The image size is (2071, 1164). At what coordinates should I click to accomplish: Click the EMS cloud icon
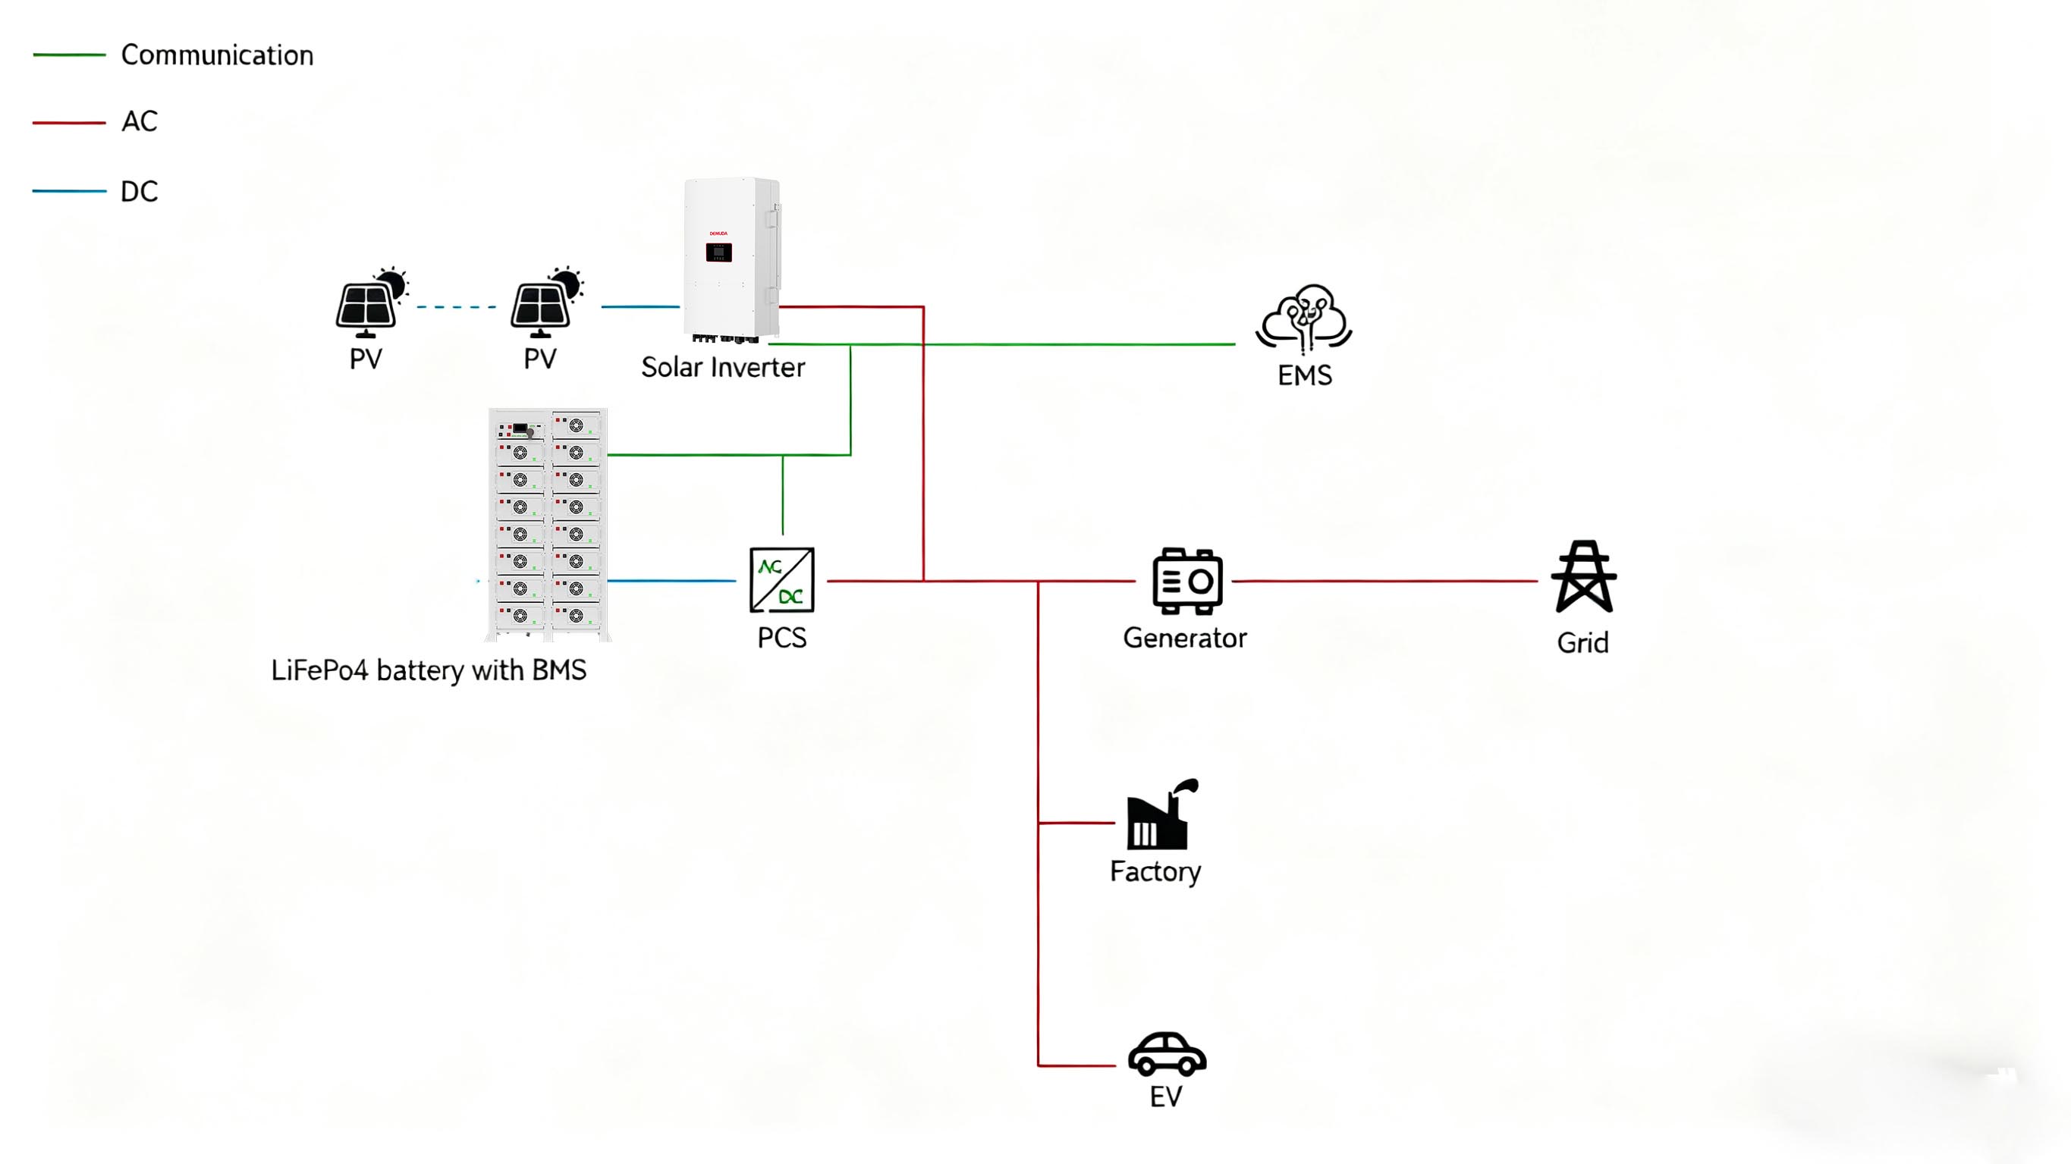coord(1304,318)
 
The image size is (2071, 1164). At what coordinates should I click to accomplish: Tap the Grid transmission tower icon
coord(1583,576)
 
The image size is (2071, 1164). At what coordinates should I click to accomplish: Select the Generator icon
coord(1186,581)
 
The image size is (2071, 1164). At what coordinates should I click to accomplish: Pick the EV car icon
coord(1167,1054)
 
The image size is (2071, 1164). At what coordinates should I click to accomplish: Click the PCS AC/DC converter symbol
coord(781,579)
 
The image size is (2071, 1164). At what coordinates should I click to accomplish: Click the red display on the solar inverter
coord(718,253)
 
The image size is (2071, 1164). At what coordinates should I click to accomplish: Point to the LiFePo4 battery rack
coord(548,523)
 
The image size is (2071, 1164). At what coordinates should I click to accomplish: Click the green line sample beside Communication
coord(69,55)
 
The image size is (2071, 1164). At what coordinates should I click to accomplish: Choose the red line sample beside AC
coord(69,123)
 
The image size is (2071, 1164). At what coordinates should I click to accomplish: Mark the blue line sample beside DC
coord(69,191)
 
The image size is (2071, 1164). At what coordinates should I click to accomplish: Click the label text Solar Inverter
coord(723,367)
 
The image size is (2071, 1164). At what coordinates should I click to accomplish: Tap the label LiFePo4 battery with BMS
coord(429,670)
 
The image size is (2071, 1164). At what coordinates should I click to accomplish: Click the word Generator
coord(1184,638)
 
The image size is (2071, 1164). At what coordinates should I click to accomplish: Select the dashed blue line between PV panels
coord(457,307)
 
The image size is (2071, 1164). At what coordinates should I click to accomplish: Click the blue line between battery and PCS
coord(671,580)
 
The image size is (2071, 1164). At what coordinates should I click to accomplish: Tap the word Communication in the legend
coord(217,55)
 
